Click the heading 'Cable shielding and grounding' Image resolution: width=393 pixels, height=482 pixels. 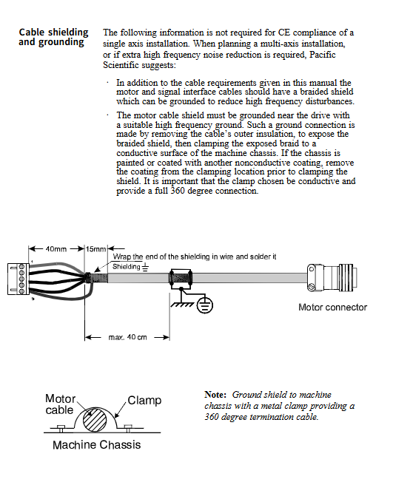pos(53,37)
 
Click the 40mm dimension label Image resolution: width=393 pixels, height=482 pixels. pos(56,248)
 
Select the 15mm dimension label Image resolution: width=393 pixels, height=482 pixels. pos(95,248)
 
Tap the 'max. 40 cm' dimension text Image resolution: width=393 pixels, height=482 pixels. pos(128,337)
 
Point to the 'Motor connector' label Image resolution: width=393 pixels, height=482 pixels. pos(332,307)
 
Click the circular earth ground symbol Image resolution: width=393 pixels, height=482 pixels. pos(205,305)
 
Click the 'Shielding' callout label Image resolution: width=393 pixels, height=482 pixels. pos(126,266)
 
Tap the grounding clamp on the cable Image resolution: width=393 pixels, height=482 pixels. pos(181,279)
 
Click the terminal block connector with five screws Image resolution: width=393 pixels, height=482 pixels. pos(19,279)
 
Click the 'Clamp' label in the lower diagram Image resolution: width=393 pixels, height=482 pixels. pos(144,400)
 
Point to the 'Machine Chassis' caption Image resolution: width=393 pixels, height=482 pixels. pos(97,445)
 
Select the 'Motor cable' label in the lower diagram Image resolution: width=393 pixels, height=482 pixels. pos(61,404)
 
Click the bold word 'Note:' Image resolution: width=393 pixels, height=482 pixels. pos(215,395)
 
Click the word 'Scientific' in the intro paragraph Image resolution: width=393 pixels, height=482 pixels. pos(121,65)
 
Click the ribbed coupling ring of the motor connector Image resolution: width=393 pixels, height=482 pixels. pos(347,279)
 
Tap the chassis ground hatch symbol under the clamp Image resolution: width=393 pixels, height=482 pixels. pos(182,305)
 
